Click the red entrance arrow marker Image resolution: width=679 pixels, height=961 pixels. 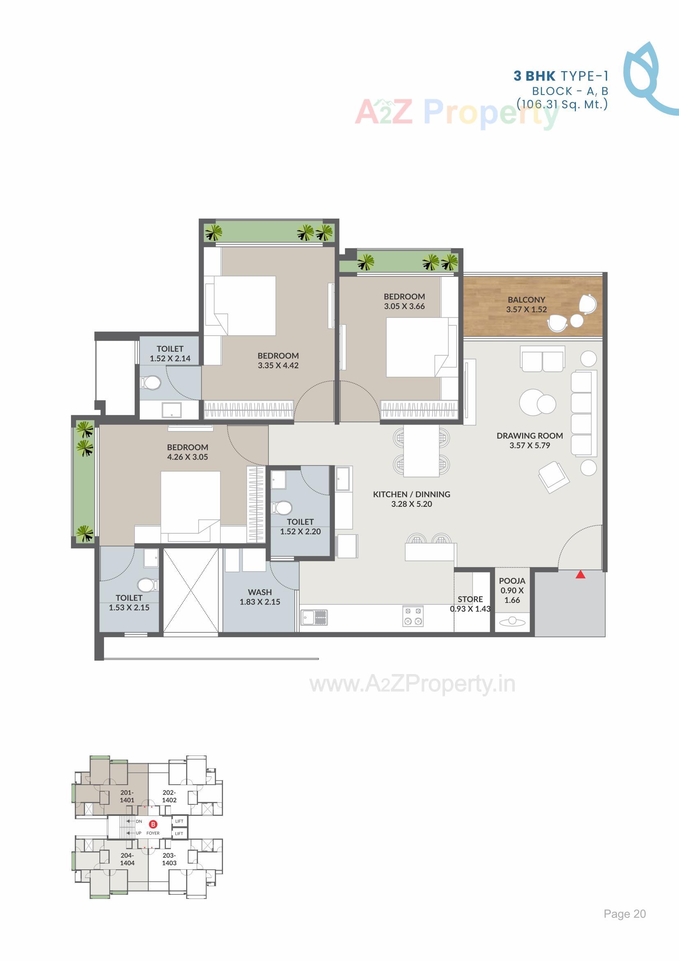coord(580,575)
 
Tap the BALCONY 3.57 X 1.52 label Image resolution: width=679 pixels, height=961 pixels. coord(526,304)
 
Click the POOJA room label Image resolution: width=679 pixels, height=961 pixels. coord(512,590)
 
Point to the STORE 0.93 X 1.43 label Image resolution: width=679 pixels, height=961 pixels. coord(470,604)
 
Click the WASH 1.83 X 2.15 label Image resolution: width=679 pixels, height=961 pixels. coord(260,597)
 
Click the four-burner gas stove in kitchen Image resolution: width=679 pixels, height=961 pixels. coord(413,616)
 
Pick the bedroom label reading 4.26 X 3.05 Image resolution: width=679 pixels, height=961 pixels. coord(187,452)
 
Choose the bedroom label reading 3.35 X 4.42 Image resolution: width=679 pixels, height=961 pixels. coord(278,360)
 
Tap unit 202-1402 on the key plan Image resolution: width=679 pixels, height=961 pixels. coord(169,796)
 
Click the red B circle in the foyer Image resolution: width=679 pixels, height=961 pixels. coord(154,824)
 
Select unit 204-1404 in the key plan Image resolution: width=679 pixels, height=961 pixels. coord(127,859)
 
